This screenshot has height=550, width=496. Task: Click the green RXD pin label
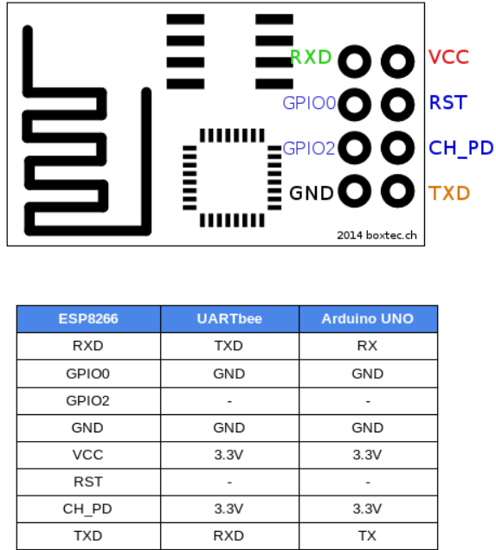(x=311, y=57)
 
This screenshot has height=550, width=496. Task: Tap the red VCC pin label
(x=448, y=57)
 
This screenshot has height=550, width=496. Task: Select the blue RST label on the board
(x=448, y=102)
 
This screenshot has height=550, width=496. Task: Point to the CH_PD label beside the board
(x=461, y=148)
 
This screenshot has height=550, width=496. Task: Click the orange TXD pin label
(x=449, y=193)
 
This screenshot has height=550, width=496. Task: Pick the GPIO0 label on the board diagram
(x=309, y=103)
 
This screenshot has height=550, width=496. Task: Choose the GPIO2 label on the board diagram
(x=309, y=149)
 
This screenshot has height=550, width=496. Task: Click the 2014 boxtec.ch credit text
(x=377, y=235)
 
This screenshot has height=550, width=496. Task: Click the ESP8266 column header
(x=88, y=319)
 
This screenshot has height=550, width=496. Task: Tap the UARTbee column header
(x=229, y=319)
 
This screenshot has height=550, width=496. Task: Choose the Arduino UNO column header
(x=368, y=319)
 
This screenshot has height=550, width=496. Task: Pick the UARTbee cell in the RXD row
(x=229, y=346)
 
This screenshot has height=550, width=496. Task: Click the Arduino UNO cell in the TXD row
(x=367, y=535)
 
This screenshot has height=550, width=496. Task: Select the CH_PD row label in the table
(x=87, y=509)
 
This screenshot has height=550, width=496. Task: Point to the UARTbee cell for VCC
(x=229, y=455)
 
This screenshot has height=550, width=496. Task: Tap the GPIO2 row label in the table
(x=87, y=400)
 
